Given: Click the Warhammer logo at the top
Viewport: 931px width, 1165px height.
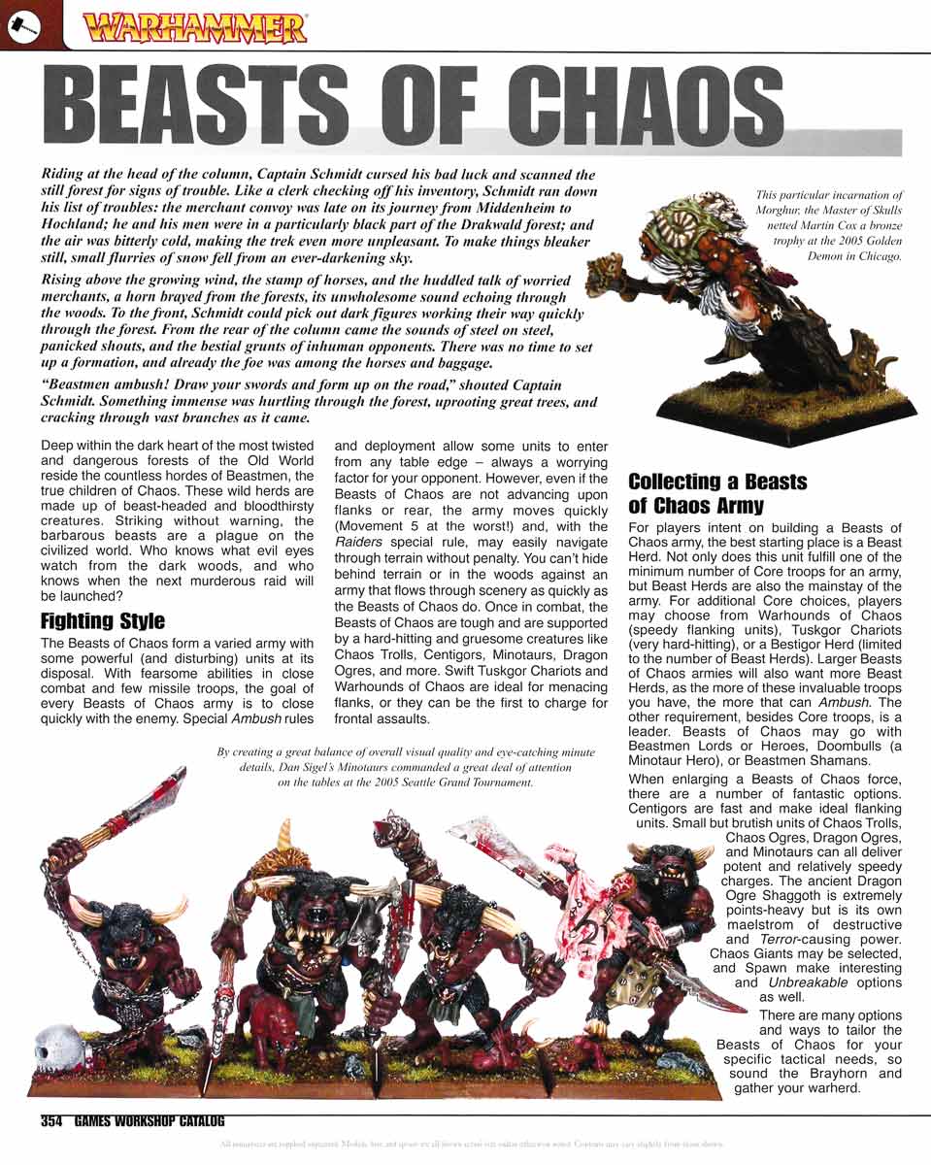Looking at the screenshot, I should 195,27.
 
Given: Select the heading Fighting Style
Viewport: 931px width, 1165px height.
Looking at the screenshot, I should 103,621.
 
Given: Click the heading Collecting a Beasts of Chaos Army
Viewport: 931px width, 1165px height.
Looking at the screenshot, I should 717,493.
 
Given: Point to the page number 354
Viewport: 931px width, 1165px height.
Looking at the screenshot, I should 51,1121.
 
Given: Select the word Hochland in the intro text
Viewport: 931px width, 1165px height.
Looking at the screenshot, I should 79,224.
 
